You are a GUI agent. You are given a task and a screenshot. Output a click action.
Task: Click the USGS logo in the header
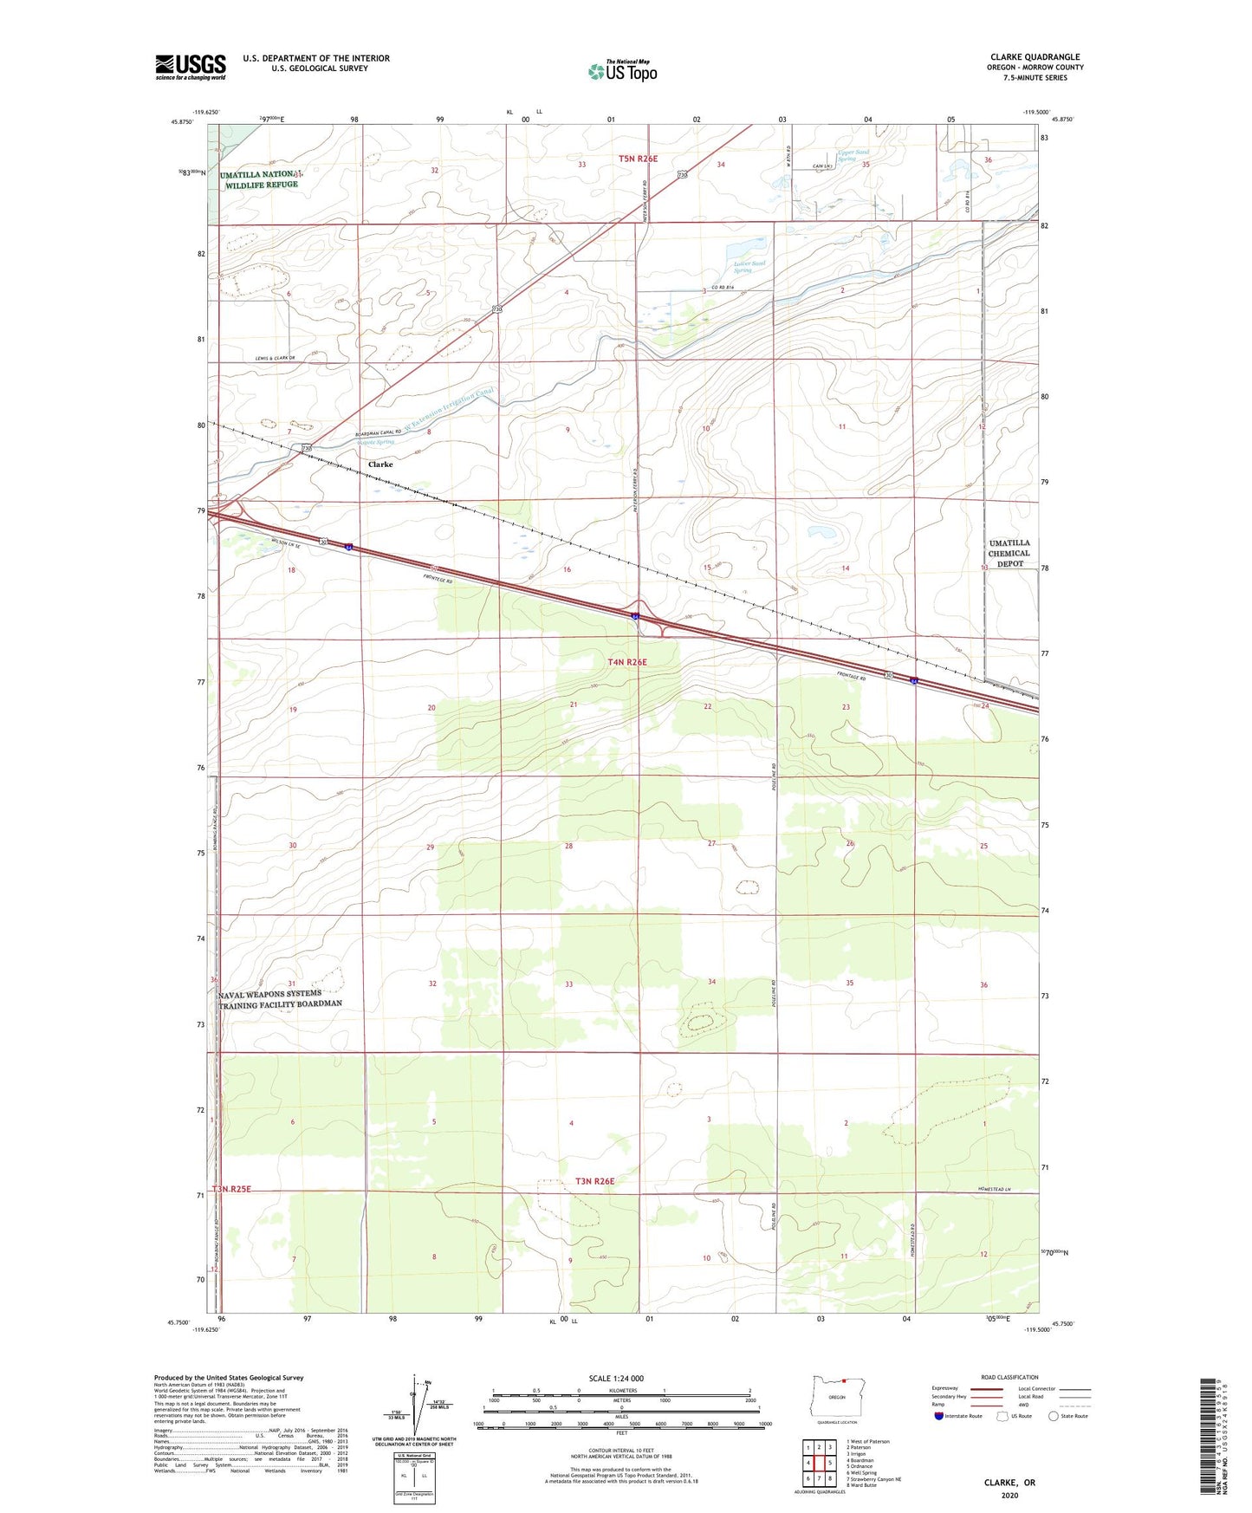click(191, 67)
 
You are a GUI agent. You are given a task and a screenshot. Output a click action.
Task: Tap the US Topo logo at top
click(622, 70)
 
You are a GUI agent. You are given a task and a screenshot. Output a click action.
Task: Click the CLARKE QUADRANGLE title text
click(1035, 57)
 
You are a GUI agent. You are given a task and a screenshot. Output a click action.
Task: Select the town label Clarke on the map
click(380, 464)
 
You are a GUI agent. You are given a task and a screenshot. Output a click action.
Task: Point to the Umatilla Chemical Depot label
click(1009, 554)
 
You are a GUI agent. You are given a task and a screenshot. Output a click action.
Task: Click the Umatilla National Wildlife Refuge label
click(259, 179)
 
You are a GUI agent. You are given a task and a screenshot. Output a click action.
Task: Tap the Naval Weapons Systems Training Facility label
click(280, 999)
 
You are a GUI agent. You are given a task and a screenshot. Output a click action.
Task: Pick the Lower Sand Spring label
click(749, 267)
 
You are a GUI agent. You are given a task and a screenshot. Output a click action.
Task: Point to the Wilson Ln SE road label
click(285, 544)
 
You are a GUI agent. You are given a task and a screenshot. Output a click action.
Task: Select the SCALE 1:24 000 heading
click(616, 1379)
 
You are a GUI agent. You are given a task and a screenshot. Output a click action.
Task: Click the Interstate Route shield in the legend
click(940, 1416)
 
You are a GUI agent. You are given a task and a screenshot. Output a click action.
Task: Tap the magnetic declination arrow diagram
click(422, 1406)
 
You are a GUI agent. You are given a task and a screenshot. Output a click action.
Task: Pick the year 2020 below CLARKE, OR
click(1009, 1495)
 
